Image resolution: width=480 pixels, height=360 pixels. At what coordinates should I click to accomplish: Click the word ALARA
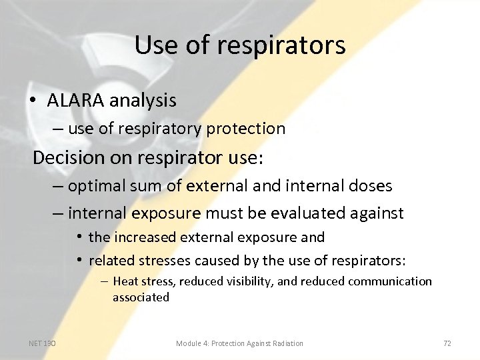pos(75,101)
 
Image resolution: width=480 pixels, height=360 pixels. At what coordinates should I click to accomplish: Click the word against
pos(376,213)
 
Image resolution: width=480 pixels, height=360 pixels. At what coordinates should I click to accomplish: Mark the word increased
pos(145,237)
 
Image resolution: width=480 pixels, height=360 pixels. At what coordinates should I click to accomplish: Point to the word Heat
pos(125,281)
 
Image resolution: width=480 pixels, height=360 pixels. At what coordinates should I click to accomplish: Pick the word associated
pos(141,297)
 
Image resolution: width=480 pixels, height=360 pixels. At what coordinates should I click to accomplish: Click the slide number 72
pos(447,343)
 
